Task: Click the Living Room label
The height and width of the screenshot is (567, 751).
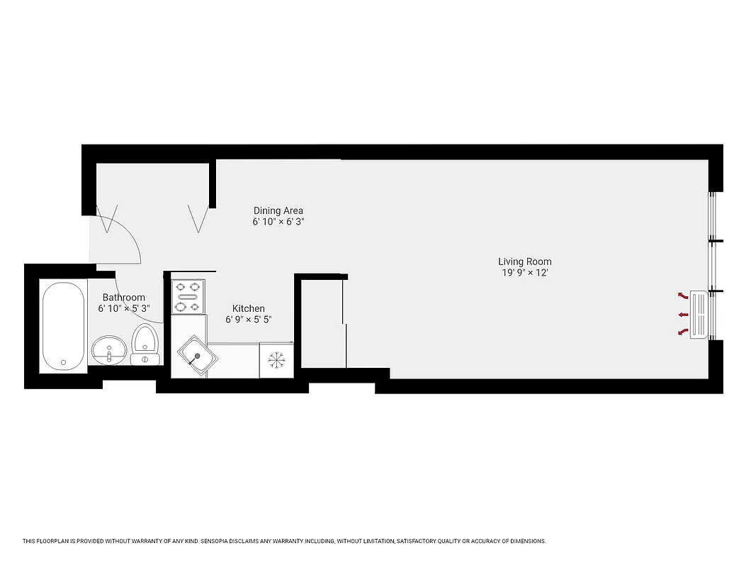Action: click(x=524, y=262)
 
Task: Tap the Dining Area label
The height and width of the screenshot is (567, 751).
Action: click(x=278, y=210)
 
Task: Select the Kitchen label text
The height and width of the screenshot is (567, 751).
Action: click(x=249, y=308)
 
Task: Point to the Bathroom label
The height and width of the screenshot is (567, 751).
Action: click(x=123, y=298)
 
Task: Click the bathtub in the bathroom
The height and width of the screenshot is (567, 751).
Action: click(x=63, y=325)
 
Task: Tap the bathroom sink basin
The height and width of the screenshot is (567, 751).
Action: click(x=109, y=347)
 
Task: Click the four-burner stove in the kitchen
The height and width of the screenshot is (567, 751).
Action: click(x=188, y=297)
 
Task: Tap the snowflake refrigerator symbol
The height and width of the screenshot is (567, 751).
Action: click(x=276, y=360)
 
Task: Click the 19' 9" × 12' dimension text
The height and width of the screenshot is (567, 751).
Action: click(x=524, y=273)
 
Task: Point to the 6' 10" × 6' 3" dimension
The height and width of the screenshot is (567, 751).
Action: click(x=278, y=222)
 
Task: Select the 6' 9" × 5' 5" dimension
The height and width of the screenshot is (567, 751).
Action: click(x=249, y=320)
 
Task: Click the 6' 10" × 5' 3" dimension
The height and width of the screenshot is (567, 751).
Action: click(x=123, y=309)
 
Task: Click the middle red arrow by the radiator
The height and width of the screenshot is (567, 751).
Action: click(x=683, y=314)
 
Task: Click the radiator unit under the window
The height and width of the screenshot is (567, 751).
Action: click(x=700, y=314)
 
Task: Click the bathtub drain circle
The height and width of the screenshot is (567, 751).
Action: click(x=63, y=362)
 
